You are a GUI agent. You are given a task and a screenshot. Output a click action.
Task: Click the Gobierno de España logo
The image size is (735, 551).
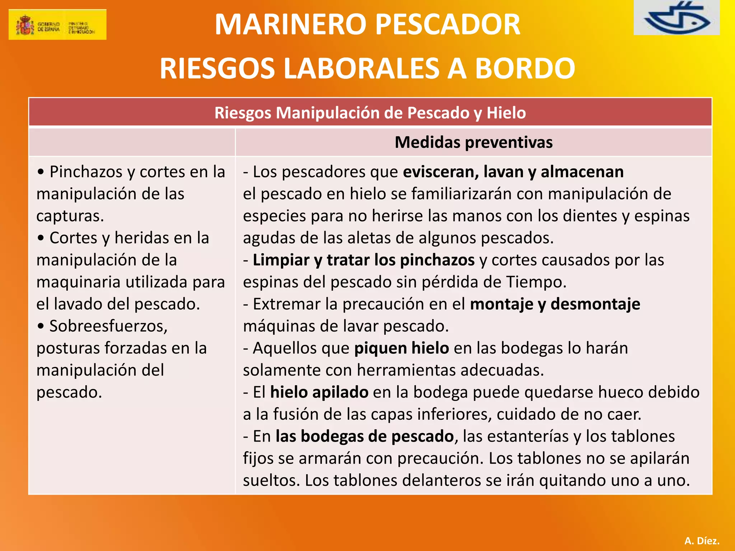pos(57,24)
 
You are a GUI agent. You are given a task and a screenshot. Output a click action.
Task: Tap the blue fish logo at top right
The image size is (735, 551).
pos(677,18)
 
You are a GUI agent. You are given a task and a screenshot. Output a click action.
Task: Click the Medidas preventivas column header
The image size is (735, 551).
pos(473,142)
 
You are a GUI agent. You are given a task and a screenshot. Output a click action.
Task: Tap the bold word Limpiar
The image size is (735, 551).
pos(281,260)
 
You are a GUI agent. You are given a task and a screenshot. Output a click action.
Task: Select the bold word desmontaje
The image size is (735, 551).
pos(595,304)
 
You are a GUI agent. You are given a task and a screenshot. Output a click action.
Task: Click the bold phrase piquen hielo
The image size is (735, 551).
pos(401,348)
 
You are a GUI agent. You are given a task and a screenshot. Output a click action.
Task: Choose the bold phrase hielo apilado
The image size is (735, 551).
pos(319,392)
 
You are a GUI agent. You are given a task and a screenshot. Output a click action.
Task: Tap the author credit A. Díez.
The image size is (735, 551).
pos(702,541)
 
